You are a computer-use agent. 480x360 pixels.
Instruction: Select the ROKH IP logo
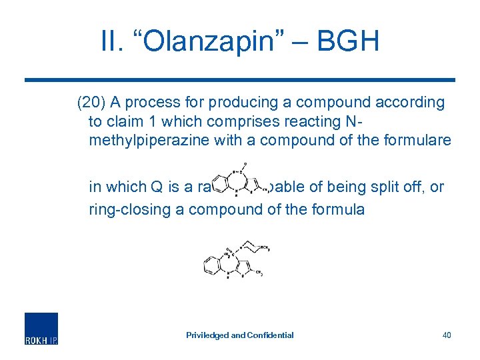coord(41,329)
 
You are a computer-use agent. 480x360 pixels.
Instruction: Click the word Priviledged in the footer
coord(207,335)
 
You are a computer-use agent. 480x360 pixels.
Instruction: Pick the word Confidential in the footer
coord(269,335)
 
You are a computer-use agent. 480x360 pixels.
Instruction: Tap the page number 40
coord(447,335)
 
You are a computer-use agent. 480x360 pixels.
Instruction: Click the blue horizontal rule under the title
coord(240,80)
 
